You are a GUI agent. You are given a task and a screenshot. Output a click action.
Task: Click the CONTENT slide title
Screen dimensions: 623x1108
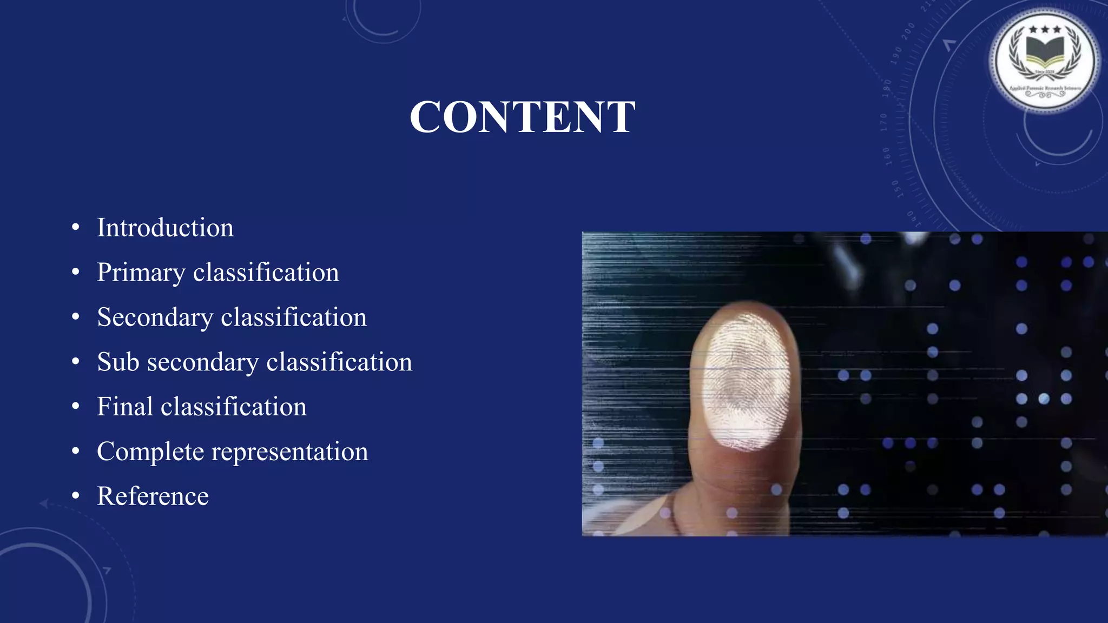(x=522, y=117)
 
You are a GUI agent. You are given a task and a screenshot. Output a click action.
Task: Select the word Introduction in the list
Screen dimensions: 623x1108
(x=165, y=228)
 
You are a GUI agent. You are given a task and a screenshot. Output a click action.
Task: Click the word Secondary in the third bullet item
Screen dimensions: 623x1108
(x=155, y=317)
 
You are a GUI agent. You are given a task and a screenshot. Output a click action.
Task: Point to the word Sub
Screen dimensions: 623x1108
(x=118, y=362)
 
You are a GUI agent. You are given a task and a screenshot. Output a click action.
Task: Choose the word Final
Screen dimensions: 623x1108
(x=124, y=407)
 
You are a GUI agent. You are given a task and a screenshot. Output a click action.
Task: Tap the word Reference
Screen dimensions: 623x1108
(x=153, y=496)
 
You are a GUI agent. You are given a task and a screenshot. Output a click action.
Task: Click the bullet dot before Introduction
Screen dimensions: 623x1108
(x=76, y=228)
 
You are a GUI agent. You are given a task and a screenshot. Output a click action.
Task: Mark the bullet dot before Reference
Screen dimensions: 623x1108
(x=76, y=496)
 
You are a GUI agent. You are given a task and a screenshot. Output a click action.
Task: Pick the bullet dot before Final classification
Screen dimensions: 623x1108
(x=76, y=407)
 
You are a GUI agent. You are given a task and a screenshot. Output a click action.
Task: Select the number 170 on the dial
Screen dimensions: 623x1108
(x=884, y=122)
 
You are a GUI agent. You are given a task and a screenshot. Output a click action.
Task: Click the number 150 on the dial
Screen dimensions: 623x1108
(x=895, y=189)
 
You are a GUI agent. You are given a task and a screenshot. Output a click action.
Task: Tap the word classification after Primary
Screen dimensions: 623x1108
(x=266, y=273)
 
